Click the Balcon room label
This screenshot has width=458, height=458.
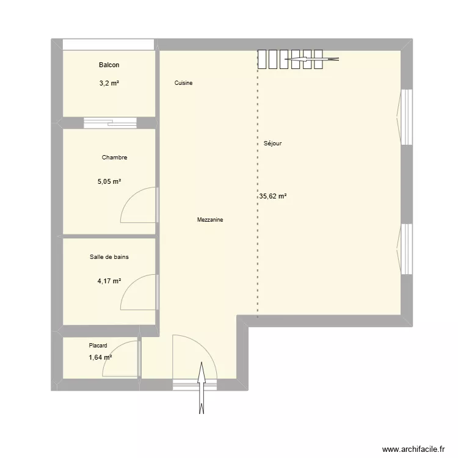[109, 65]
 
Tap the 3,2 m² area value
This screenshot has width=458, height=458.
[109, 83]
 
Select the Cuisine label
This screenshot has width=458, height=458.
[183, 83]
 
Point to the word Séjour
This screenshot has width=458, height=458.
[272, 144]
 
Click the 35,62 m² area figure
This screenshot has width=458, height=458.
[273, 196]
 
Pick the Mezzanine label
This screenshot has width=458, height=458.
[210, 220]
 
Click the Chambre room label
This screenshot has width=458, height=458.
[115, 158]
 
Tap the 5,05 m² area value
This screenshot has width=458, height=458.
[109, 182]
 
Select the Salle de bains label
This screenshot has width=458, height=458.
[109, 257]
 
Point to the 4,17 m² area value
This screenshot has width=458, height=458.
[109, 282]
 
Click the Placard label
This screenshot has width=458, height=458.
[98, 346]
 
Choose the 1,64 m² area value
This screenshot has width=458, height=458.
[101, 357]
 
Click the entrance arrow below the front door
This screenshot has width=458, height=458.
[202, 388]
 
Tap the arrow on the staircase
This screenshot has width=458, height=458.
[311, 59]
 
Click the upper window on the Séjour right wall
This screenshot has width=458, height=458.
[405, 117]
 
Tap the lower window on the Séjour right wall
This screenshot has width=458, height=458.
[405, 249]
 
